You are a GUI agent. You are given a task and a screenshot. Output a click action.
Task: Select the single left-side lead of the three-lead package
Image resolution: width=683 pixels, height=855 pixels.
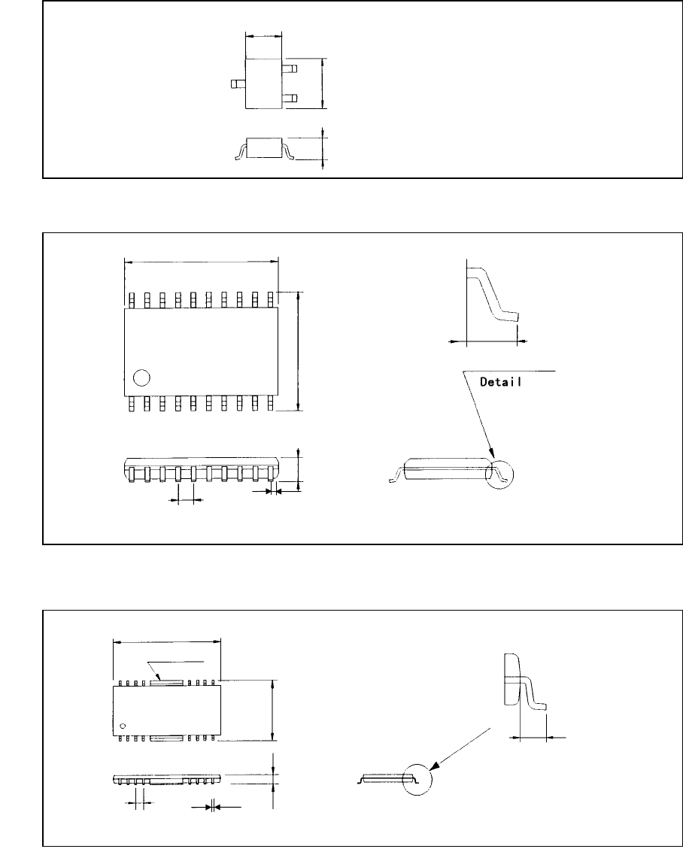[238, 85]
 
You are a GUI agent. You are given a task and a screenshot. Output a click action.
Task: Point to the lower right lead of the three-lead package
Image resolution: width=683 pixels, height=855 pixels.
[290, 99]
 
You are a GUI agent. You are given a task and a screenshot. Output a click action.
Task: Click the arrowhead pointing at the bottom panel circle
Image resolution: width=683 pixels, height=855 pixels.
[435, 766]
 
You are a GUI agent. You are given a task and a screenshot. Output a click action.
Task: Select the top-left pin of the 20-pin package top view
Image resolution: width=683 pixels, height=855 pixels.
[131, 300]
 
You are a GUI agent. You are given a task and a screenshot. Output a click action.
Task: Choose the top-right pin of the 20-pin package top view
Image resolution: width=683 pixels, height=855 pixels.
[270, 300]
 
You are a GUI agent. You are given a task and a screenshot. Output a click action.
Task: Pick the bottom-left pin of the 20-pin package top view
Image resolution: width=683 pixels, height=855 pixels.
[131, 404]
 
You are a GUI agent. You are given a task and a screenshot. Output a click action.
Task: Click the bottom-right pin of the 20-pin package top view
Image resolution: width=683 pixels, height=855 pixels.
[270, 404]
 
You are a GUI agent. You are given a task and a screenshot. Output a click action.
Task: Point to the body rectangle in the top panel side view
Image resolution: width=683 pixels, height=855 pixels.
[264, 147]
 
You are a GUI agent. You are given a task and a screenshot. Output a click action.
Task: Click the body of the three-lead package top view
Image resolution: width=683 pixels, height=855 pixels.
[264, 84]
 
